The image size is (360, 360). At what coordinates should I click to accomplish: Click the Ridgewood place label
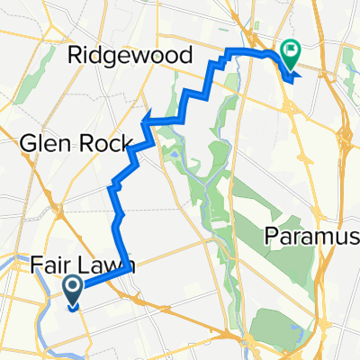point(130,55)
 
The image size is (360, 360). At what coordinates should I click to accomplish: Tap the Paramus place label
point(311,236)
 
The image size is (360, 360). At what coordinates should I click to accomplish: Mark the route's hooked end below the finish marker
point(292,80)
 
